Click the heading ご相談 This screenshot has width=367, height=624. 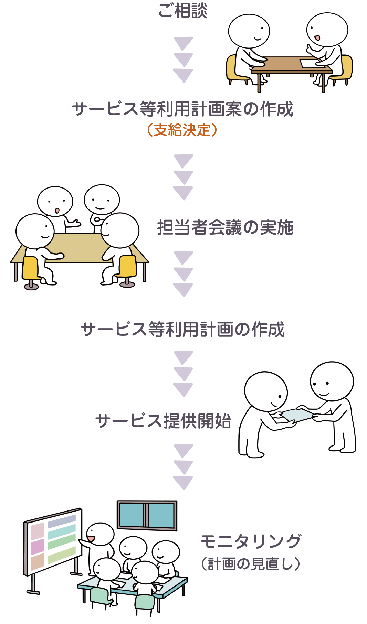coord(183,11)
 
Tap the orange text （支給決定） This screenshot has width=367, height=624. coord(182,130)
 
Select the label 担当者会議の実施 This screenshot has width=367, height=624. coord(225,227)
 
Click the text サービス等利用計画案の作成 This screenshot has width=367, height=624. coord(183,109)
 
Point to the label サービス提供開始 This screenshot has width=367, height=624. coord(163,421)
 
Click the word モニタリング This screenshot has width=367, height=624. coord(251,541)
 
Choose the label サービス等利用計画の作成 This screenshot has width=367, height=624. coord(182,329)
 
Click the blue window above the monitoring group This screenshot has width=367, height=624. coord(147,515)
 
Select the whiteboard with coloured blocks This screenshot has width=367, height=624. coord(53,540)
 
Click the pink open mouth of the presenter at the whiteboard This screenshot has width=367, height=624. coord(91,538)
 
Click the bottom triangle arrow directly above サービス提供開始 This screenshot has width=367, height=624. coord(183,390)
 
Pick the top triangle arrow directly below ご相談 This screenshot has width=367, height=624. coord(183,43)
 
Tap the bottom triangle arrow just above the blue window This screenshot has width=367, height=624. coord(183,483)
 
